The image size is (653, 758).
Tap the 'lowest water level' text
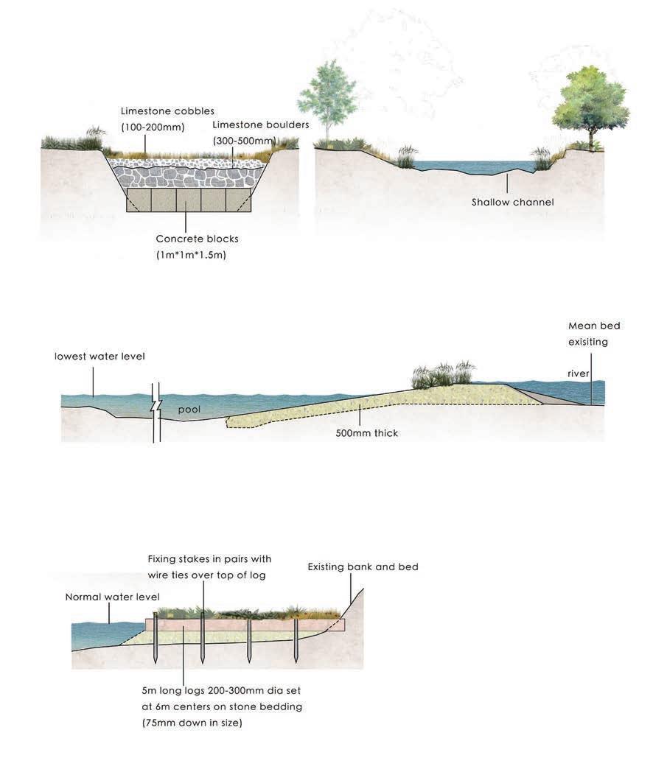tap(99, 357)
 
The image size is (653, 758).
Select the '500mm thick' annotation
tap(366, 433)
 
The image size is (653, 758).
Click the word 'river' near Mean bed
tap(579, 373)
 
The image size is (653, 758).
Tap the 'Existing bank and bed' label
tap(363, 567)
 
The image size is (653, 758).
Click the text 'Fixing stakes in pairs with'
tap(209, 559)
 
